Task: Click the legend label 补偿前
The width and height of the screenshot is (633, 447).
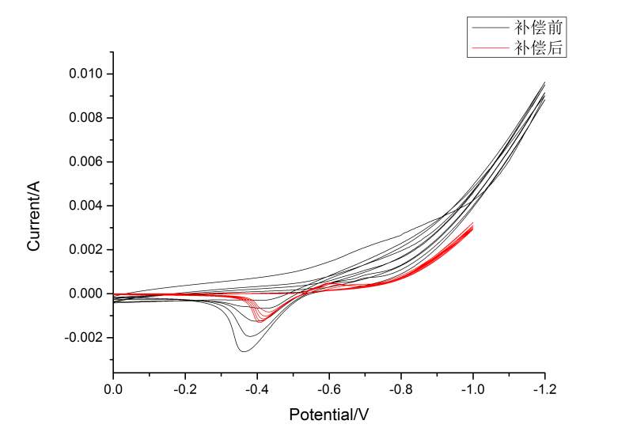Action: [538, 28]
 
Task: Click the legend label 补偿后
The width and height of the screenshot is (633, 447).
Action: [538, 47]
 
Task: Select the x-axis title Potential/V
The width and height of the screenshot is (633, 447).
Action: [328, 414]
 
